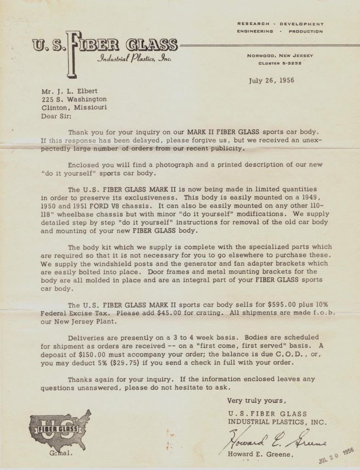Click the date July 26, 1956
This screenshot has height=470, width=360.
pos(271,80)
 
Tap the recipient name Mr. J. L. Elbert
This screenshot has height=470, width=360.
pos(70,91)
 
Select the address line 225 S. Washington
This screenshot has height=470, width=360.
pos(74,99)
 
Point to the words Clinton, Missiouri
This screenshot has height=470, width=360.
pos(74,107)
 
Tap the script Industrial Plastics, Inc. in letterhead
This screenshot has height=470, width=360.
pos(134,58)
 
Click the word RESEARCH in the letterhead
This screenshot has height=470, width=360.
pos(253,24)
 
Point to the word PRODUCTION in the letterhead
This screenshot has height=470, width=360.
pos(306,32)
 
